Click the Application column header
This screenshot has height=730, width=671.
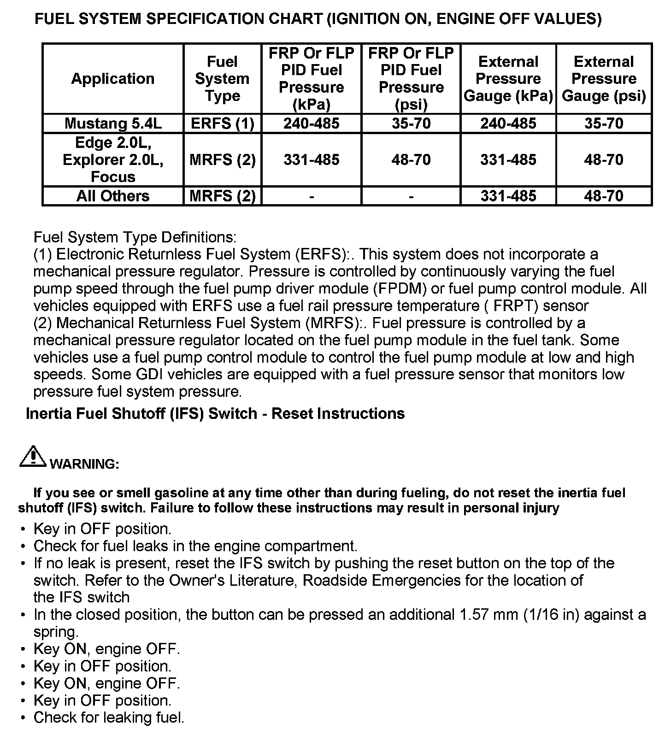112,79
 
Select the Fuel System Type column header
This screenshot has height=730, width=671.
222,79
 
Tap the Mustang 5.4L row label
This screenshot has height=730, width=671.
113,124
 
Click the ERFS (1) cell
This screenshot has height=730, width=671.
222,124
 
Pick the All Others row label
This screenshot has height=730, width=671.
113,196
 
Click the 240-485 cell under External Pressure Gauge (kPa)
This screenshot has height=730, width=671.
508,124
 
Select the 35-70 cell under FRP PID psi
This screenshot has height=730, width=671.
411,124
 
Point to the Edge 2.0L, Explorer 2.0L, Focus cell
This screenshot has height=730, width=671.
113,160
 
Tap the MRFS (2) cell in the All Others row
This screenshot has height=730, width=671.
222,196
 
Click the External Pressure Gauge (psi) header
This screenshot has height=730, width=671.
604,79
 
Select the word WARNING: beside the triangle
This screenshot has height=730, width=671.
84,464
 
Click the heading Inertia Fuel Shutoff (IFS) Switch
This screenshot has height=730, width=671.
215,413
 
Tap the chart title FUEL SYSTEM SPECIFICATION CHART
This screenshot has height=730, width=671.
318,19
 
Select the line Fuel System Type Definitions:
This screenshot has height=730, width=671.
135,238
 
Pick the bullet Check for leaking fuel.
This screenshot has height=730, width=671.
109,718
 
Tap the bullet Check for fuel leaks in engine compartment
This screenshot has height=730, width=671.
195,546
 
